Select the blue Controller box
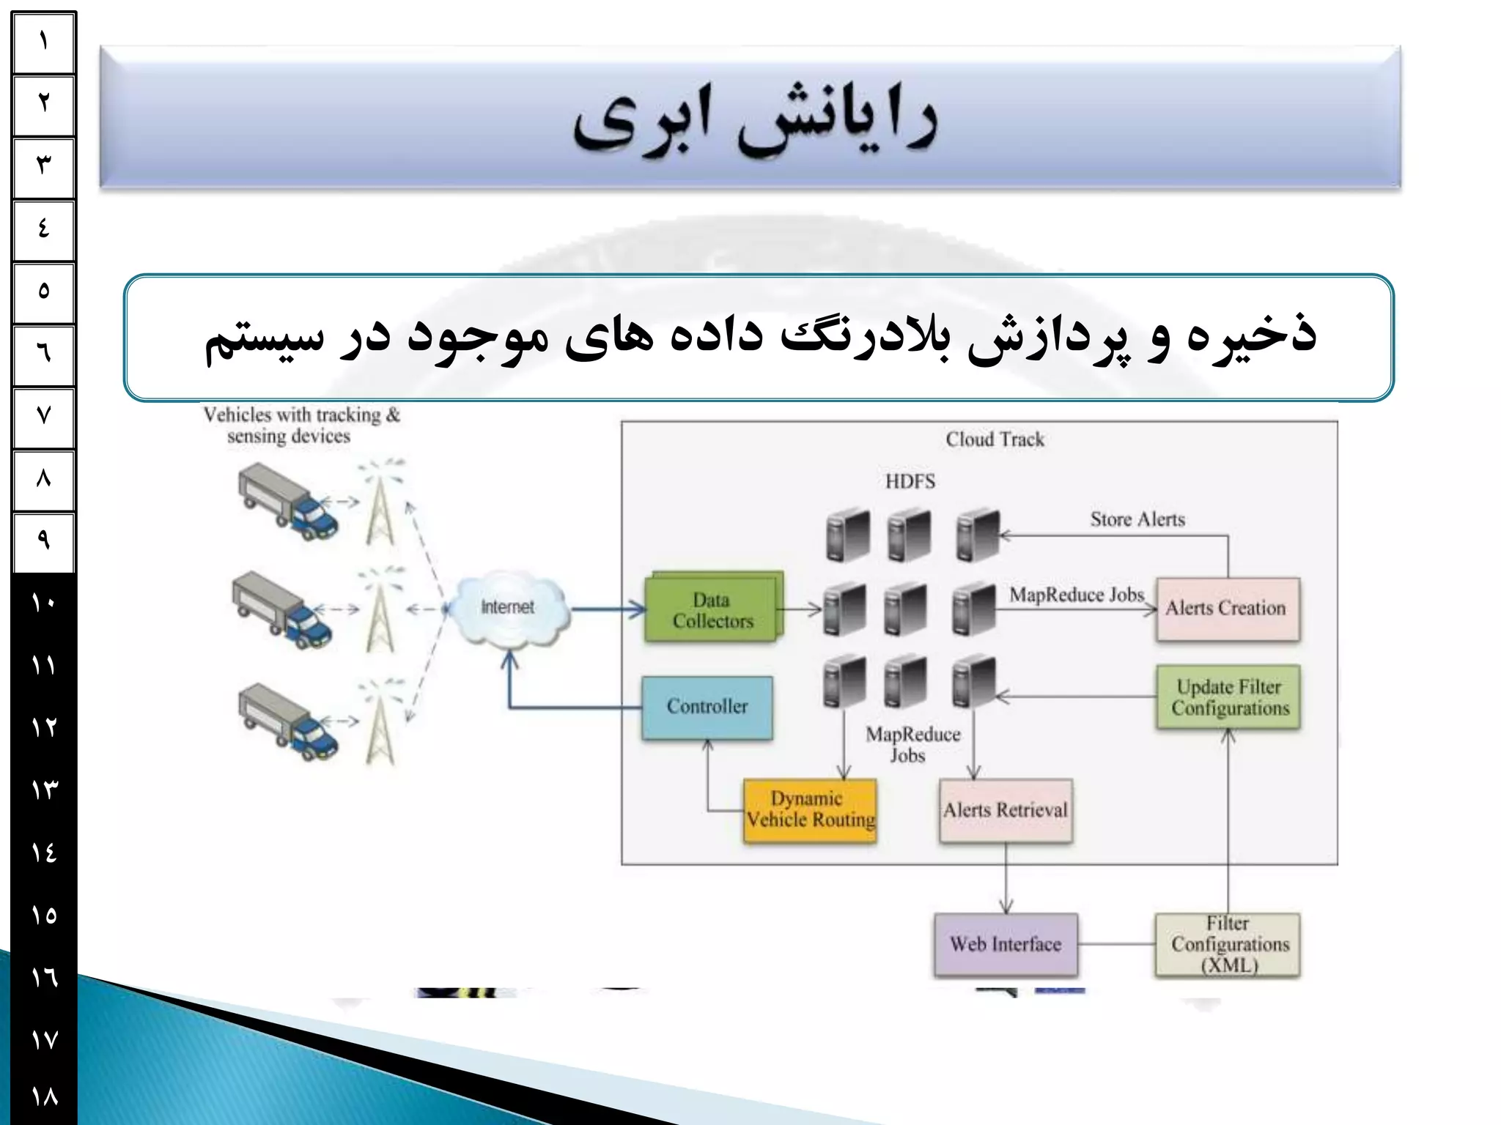coord(707,707)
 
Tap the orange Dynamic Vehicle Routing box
coord(809,810)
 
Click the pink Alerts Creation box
coord(1228,609)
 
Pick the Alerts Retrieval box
coord(1006,810)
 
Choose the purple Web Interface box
coord(1006,944)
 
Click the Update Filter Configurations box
coord(1228,697)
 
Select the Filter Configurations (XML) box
coord(1228,944)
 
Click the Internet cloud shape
coord(508,608)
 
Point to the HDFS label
coord(910,481)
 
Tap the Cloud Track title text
coord(995,439)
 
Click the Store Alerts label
coord(1137,519)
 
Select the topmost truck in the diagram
coord(287,503)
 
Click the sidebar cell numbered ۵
coord(44,292)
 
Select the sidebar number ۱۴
coord(44,853)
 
